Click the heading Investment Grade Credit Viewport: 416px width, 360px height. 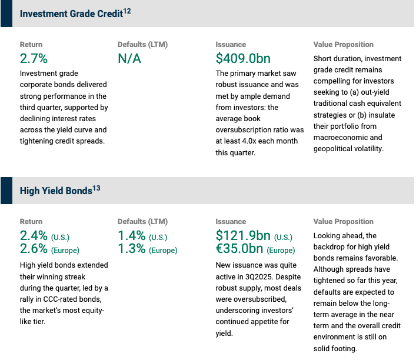click(x=71, y=14)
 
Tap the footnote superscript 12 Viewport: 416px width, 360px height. click(x=127, y=11)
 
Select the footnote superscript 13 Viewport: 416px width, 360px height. click(x=96, y=188)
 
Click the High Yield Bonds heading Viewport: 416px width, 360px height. click(x=56, y=191)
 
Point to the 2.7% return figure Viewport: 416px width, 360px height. click(x=34, y=58)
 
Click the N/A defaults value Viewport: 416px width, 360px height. click(x=129, y=58)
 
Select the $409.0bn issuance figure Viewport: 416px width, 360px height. click(x=243, y=58)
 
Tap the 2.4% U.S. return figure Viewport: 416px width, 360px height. click(x=34, y=235)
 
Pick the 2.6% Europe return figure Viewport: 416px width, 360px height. click(x=34, y=249)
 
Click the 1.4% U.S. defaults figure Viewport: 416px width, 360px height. click(x=132, y=235)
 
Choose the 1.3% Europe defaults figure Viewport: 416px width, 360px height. click(x=132, y=249)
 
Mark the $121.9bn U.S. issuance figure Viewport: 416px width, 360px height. click(x=243, y=235)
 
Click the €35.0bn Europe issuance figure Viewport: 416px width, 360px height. click(x=239, y=249)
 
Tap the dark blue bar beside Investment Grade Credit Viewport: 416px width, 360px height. click(x=6, y=14)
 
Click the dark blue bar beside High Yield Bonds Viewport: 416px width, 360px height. click(x=6, y=191)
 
